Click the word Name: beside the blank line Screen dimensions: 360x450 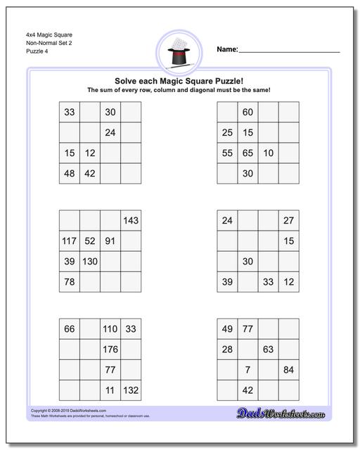coord(227,49)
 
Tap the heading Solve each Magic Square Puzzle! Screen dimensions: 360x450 coord(179,81)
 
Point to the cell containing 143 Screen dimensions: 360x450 coord(131,221)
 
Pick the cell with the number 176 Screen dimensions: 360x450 coord(110,349)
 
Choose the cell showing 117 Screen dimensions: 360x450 coord(69,241)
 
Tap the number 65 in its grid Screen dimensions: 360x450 coord(247,153)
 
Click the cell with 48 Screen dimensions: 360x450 coord(69,173)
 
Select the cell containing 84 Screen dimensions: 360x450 coord(288,369)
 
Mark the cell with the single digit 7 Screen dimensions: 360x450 coord(247,369)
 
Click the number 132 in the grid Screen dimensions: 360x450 coord(131,390)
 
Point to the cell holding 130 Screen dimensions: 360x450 coord(89,262)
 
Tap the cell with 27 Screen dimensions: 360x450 coord(288,221)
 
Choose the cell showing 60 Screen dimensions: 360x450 coord(247,112)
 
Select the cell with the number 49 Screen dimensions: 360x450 coord(227,328)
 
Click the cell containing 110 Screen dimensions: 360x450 coord(110,328)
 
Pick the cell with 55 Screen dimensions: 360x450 coord(227,153)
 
